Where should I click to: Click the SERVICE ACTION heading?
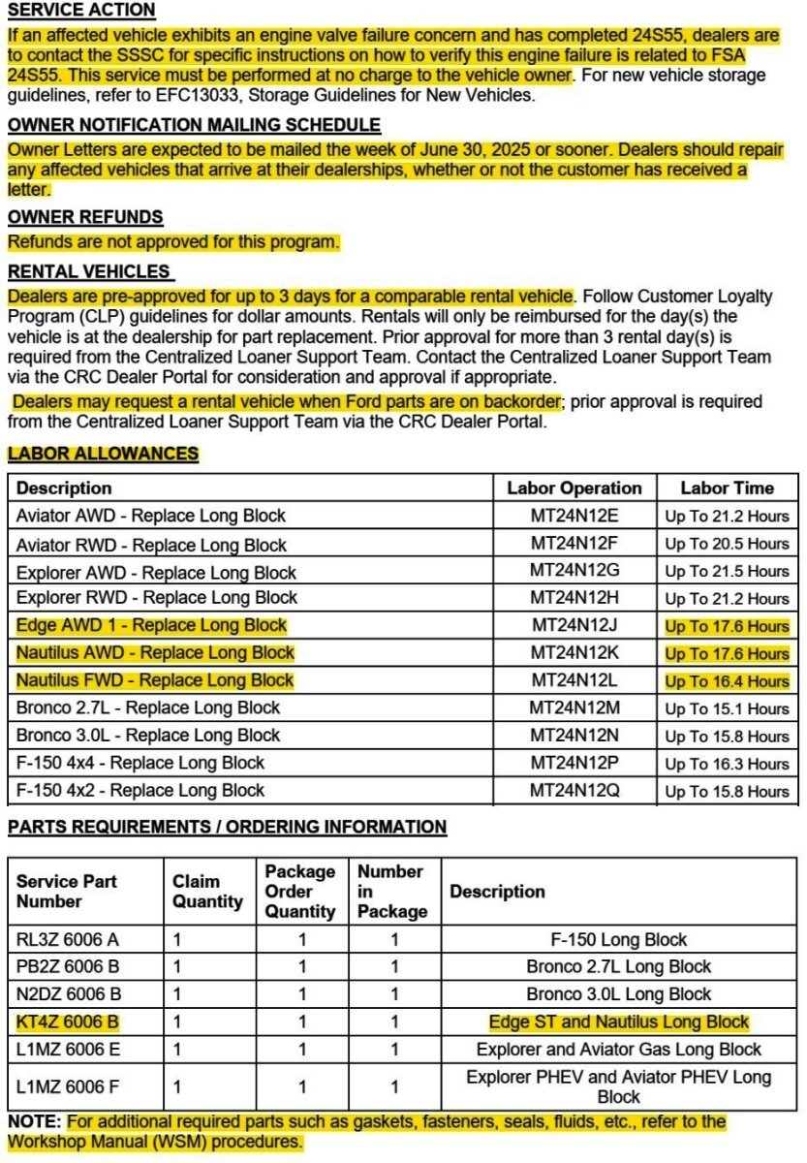81,10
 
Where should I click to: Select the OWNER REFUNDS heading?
85,217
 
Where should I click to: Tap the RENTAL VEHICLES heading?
89,272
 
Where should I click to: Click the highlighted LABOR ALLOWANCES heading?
103,454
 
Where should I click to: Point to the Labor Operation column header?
574,488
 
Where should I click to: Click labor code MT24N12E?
574,516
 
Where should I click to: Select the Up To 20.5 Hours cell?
727,544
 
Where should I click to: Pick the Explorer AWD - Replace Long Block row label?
156,571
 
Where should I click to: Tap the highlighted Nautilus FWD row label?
155,680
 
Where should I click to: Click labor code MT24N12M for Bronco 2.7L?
574,708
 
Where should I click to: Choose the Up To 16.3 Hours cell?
727,764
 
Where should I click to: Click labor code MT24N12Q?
574,791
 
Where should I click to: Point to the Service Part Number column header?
67,892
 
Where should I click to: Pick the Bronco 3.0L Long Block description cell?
618,994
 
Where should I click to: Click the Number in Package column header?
392,892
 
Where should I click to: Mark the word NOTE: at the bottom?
34,1122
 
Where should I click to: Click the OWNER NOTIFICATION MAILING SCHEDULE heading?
194,125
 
